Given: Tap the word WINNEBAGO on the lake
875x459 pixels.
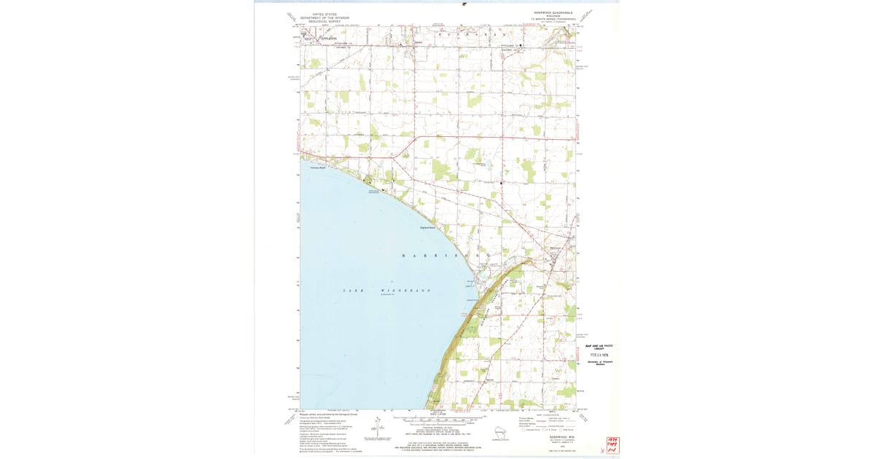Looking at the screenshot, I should pyautogui.click(x=408, y=291).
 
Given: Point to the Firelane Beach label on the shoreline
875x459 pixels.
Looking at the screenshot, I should pyautogui.click(x=317, y=167).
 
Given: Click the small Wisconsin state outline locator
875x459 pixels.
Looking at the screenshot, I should pyautogui.click(x=499, y=431).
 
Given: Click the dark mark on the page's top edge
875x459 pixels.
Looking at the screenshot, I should pyautogui.click(x=464, y=4).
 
